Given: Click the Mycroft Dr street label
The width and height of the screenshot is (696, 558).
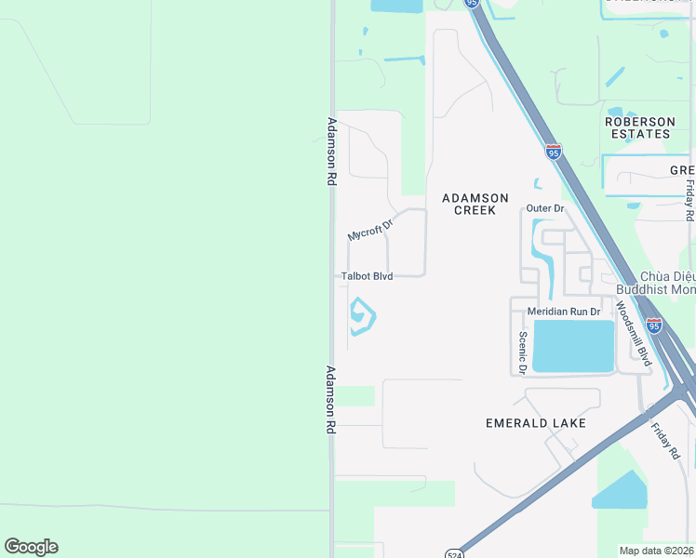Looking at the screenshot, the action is (x=371, y=230).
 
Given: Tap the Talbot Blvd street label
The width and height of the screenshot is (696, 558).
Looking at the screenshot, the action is (x=367, y=276).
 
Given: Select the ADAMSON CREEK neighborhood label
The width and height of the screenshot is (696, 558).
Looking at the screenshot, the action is (x=475, y=204).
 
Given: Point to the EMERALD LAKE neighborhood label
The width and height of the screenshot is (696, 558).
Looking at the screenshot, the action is (x=536, y=423).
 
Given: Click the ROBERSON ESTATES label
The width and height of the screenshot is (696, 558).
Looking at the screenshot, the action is (x=639, y=127).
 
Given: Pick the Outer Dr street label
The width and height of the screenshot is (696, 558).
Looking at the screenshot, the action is (x=545, y=208).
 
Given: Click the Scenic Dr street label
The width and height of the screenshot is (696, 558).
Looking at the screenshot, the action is (x=524, y=352).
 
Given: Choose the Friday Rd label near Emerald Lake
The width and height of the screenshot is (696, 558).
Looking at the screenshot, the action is (x=666, y=439).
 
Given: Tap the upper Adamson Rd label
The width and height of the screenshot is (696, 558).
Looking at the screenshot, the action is (x=330, y=151).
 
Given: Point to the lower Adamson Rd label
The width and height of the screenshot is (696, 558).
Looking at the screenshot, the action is (x=330, y=399).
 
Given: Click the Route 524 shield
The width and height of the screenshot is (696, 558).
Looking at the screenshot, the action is (x=452, y=551).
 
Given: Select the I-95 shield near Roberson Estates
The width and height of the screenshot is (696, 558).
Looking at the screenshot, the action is (x=554, y=152).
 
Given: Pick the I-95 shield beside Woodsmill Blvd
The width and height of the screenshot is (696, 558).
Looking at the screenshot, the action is (x=654, y=325).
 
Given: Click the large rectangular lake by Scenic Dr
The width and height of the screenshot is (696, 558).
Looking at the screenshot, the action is (x=573, y=346).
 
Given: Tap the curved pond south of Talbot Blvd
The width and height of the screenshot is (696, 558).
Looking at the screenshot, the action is (x=362, y=317).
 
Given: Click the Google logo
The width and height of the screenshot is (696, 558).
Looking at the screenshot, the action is (x=31, y=547).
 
